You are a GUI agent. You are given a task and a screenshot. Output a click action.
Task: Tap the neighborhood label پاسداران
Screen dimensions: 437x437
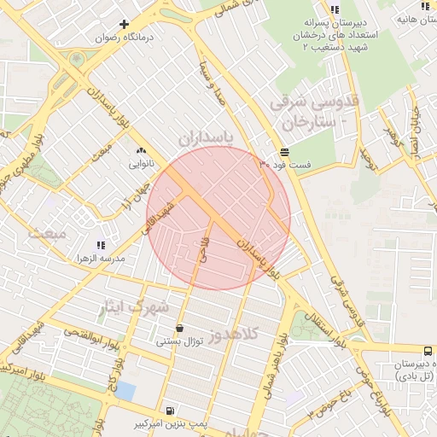207,137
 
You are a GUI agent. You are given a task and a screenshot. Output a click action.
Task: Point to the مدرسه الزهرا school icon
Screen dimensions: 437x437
102,246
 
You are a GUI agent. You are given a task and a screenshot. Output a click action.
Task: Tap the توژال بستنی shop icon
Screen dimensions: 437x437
179,329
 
